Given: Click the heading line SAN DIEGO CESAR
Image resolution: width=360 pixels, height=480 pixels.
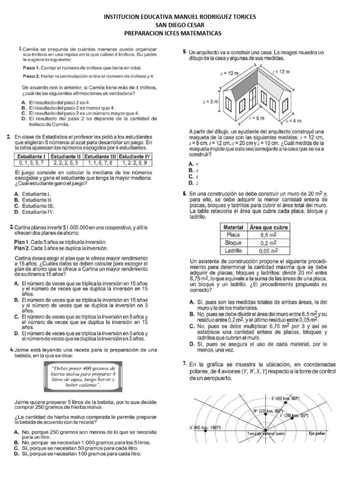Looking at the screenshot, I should [x=180, y=25].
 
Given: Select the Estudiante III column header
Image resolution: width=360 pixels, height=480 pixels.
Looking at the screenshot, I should [x=100, y=156].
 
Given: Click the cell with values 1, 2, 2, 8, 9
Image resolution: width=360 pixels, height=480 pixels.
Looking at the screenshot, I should [x=135, y=163].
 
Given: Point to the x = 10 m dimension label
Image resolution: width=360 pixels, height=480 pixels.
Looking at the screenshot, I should [x=229, y=74].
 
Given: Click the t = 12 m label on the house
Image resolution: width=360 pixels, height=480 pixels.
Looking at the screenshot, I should [x=281, y=71].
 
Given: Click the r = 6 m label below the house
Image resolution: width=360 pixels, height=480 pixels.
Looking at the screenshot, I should [x=256, y=118].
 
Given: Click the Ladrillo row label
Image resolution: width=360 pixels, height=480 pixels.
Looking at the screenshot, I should [x=233, y=251].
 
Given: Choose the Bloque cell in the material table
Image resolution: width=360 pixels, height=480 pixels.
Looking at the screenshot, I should [x=233, y=243].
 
